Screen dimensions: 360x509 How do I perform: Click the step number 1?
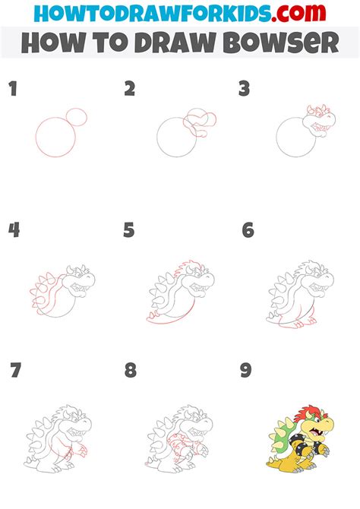coord(13,89)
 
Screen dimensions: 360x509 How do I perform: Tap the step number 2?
coord(130,89)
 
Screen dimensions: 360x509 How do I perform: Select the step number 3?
coord(244,89)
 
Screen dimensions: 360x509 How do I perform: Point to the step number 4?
coord(14,230)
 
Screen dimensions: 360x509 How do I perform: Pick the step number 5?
coord(129,230)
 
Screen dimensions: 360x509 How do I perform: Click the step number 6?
coord(248,230)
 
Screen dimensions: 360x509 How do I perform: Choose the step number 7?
coord(16,370)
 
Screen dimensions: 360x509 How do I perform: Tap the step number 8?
coord(131,370)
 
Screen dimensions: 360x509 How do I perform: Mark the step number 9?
coord(246,370)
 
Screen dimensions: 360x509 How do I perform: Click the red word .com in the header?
coord(299,13)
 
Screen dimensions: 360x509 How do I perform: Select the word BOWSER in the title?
coord(281,43)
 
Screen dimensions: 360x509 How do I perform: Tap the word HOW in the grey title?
coord(54,43)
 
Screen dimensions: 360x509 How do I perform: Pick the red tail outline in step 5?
coord(169,321)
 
